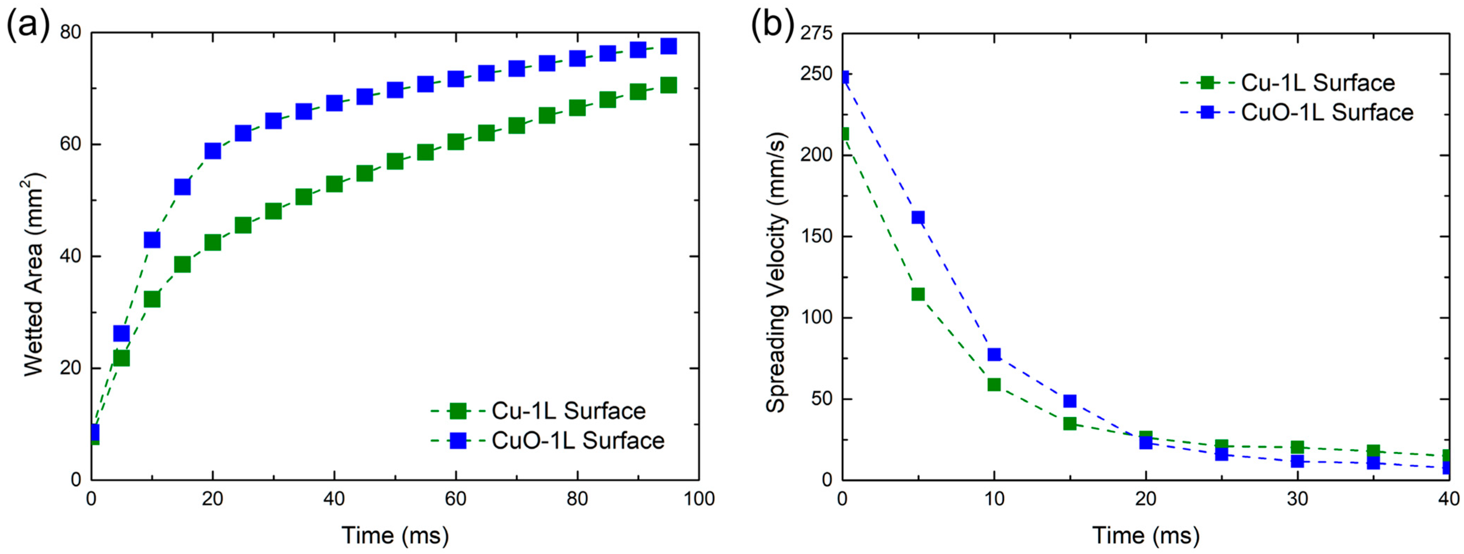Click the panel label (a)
[27, 26]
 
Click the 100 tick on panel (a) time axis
[699, 499]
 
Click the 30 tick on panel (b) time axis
[1297, 499]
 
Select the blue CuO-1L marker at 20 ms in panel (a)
[212, 150]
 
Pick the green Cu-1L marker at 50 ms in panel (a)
[395, 161]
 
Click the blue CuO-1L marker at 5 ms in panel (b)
[918, 217]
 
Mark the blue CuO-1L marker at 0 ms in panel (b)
[843, 77]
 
